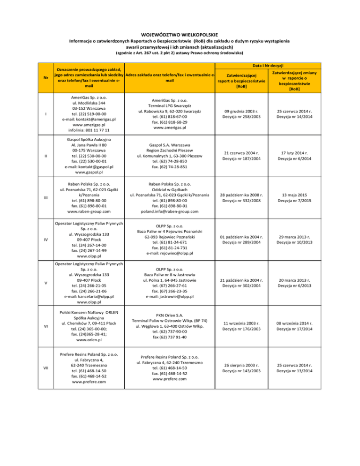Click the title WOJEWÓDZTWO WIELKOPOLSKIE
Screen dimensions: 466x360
click(x=180, y=34)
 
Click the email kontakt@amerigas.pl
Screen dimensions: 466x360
click(x=89, y=120)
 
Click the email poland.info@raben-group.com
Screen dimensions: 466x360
click(x=170, y=211)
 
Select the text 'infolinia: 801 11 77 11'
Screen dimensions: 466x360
click(x=89, y=130)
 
